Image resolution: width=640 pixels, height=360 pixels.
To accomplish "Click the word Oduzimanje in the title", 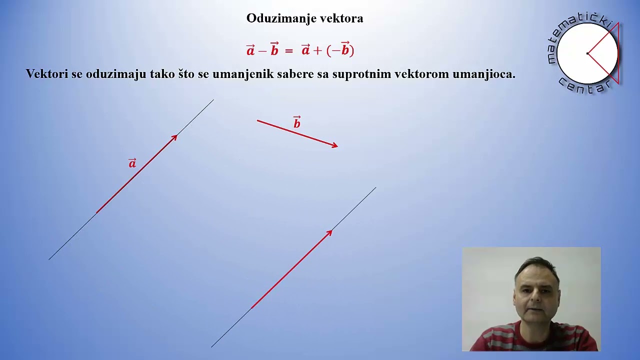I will click(x=279, y=18).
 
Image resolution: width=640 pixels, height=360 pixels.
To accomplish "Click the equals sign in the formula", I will click(x=288, y=51).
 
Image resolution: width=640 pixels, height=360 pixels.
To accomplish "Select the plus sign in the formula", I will click(x=317, y=50).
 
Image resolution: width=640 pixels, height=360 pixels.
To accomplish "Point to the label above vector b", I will click(x=297, y=122).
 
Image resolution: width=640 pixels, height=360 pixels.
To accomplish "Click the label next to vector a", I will click(x=132, y=163).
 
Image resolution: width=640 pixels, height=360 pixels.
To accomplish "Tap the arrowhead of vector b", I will click(x=335, y=145).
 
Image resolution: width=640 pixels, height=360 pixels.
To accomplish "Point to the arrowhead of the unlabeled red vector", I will click(x=329, y=232).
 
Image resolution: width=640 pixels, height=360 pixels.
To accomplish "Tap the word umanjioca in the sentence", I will click(x=483, y=74).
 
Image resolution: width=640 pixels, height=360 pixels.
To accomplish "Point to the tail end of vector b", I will click(x=257, y=120).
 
